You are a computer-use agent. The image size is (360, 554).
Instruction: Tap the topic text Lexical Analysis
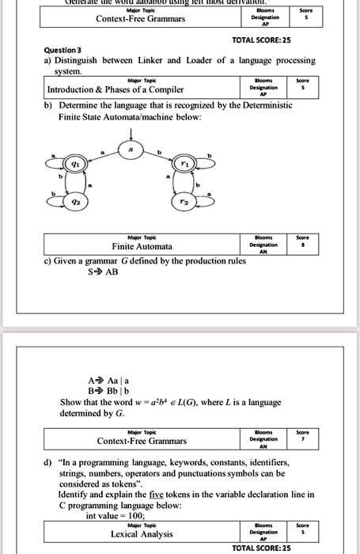142,535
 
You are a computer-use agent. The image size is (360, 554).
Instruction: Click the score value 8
297,245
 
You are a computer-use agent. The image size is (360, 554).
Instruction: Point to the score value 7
297,440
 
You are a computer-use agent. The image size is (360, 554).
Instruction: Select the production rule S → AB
104,271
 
